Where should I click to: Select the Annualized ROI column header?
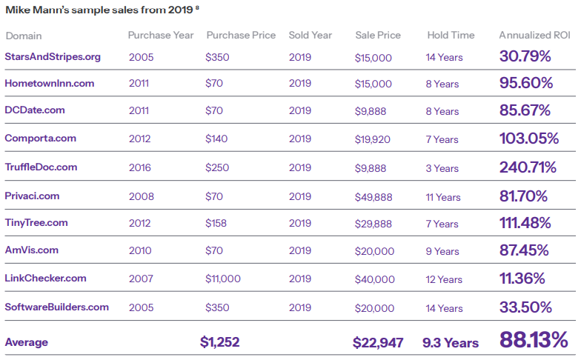(532, 36)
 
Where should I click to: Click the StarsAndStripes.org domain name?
(53, 56)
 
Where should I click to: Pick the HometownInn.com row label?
(50, 84)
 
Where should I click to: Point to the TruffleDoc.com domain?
(41, 167)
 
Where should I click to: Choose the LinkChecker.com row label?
(45, 279)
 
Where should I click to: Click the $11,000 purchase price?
(223, 279)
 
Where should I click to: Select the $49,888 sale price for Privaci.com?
(373, 197)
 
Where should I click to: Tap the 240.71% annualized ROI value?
(528, 167)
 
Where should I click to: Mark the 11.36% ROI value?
(522, 279)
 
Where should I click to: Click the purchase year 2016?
(141, 168)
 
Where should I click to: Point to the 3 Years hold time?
(442, 168)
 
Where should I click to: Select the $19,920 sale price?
(373, 139)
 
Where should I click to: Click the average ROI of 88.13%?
(534, 340)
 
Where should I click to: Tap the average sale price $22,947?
(378, 342)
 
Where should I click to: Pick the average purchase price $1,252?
(219, 342)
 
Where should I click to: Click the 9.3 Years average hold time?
(451, 343)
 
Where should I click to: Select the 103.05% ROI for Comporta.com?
(528, 139)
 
